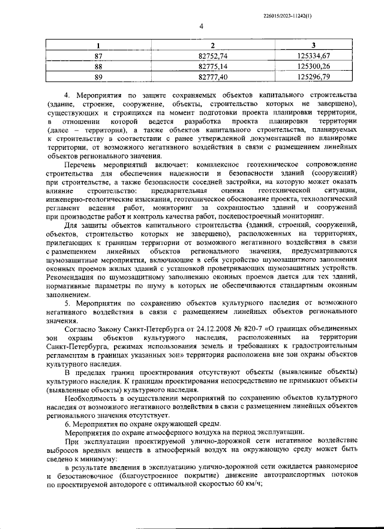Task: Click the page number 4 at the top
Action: click(202, 26)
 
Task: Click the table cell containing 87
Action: click(98, 56)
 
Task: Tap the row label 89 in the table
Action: click(98, 76)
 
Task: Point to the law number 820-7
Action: click(252, 330)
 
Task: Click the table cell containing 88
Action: click(98, 66)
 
